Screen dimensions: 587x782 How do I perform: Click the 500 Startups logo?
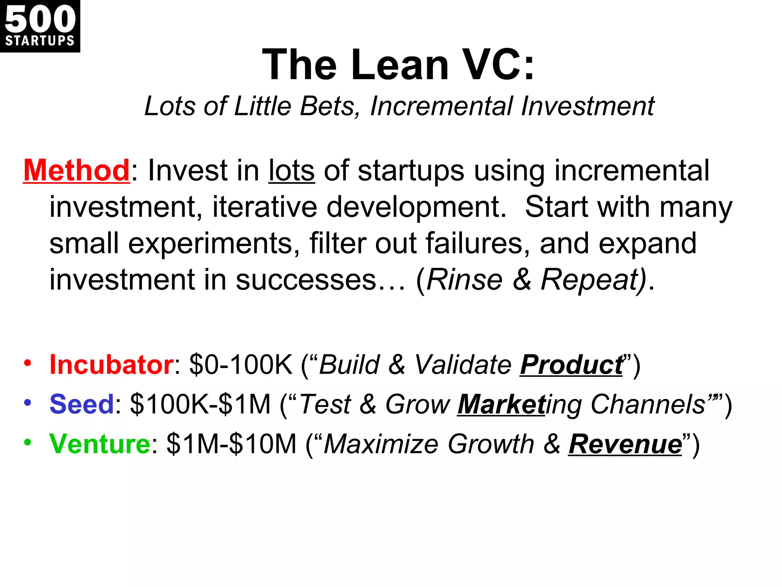point(40,26)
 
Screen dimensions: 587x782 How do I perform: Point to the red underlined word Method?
point(77,170)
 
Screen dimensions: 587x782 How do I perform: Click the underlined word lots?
point(292,170)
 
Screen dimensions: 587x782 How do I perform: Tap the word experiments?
point(214,243)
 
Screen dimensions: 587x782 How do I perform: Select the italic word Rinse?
point(464,280)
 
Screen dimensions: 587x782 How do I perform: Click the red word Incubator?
point(111,365)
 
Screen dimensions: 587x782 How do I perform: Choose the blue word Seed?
point(82,404)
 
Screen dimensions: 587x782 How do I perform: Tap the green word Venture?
point(100,444)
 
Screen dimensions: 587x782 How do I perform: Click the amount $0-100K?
point(241,365)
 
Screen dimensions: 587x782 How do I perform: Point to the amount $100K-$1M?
point(200,404)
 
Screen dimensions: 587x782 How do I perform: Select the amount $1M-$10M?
point(231,444)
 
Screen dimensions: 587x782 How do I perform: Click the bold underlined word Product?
point(571,365)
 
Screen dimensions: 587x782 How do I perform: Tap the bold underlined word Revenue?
point(625,444)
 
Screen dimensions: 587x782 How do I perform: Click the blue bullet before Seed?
point(27,402)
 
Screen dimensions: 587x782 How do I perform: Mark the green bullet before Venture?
point(27,442)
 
